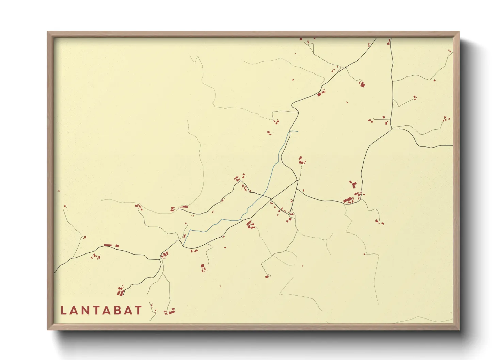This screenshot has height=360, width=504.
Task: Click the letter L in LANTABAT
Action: tap(64, 310)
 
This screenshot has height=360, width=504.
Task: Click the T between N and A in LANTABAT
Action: tap(99, 310)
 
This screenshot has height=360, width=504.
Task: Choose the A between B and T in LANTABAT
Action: tap(127, 310)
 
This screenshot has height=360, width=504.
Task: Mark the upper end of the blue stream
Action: tap(298, 131)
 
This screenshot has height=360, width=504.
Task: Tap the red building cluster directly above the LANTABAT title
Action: tap(121, 291)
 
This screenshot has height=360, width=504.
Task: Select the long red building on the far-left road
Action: tap(108, 245)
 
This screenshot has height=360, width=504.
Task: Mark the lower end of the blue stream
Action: tap(184, 244)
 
